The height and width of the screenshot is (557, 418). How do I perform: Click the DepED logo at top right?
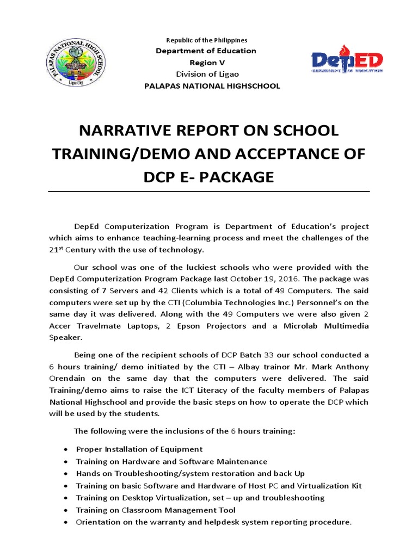click(x=347, y=59)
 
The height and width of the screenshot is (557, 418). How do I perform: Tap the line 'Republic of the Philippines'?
click(x=206, y=40)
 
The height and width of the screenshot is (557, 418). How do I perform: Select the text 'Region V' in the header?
click(x=206, y=63)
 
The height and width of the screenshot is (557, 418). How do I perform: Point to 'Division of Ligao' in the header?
click(x=206, y=74)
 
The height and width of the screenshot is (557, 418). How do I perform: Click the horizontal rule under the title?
click(x=209, y=191)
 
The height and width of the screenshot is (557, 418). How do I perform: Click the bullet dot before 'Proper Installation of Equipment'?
click(x=66, y=449)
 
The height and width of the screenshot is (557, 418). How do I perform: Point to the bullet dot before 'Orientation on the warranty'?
click(x=66, y=522)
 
